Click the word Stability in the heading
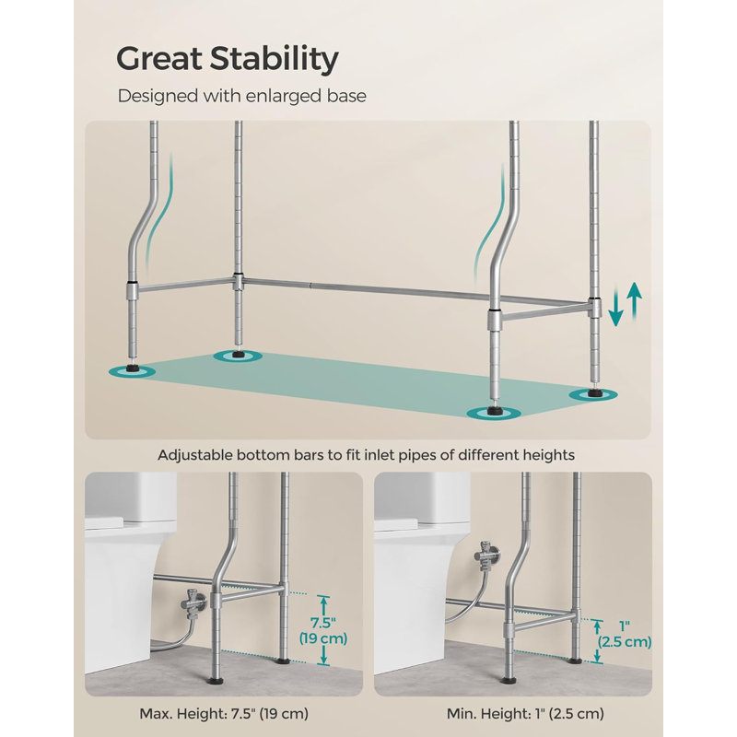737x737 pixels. (274, 60)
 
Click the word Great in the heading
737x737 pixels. (158, 58)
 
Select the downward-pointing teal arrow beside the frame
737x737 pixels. (615, 310)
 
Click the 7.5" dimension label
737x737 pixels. (323, 624)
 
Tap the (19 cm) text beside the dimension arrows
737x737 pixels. (323, 638)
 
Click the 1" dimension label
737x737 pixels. (625, 626)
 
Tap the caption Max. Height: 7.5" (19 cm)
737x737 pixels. (224, 713)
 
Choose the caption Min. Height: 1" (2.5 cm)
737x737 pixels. (525, 713)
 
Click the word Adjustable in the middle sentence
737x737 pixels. (194, 455)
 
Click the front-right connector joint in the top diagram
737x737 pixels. (494, 320)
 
